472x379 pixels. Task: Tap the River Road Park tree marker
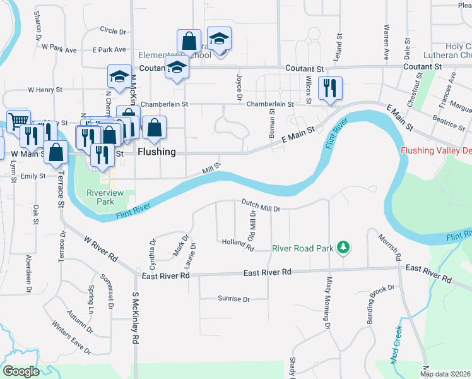click(343, 248)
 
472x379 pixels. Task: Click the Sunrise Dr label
click(233, 299)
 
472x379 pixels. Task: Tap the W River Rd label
click(102, 248)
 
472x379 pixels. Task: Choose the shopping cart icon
click(19, 120)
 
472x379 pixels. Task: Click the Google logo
click(21, 371)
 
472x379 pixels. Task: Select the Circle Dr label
click(113, 30)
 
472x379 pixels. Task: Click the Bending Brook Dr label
click(381, 305)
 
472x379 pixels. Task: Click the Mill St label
click(211, 170)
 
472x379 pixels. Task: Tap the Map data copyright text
click(445, 374)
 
